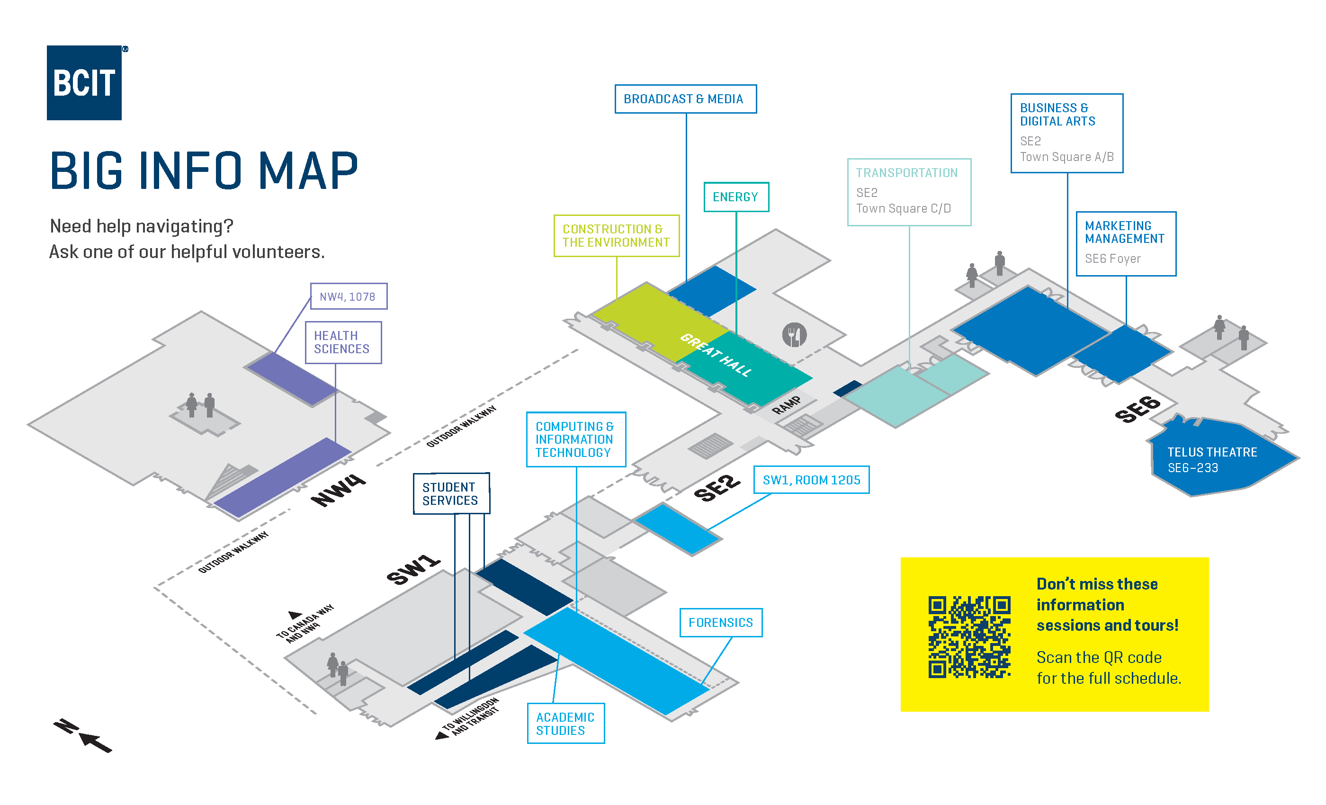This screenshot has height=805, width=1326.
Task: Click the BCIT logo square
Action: coord(84,82)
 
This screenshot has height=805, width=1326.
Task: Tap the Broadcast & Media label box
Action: coord(685,99)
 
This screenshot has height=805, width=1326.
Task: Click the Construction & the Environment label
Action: coord(616,236)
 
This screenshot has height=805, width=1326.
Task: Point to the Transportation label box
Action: coord(908,192)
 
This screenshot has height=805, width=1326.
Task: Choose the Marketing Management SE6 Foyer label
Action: coord(1125,243)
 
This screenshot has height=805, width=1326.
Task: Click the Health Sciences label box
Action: coord(343,342)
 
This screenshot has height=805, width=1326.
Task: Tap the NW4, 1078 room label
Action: coord(348,296)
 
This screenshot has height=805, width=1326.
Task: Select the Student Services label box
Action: coord(451,493)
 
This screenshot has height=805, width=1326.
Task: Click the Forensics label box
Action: coord(721,623)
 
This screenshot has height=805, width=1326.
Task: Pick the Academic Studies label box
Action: coord(565,723)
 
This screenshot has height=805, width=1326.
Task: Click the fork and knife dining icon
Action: coord(794,335)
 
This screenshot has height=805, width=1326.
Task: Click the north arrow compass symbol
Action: coord(83,735)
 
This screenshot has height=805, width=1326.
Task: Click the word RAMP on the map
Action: coord(786,405)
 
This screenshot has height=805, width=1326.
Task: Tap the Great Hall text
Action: coord(716,355)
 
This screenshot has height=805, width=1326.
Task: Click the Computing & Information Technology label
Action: coord(575,439)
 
